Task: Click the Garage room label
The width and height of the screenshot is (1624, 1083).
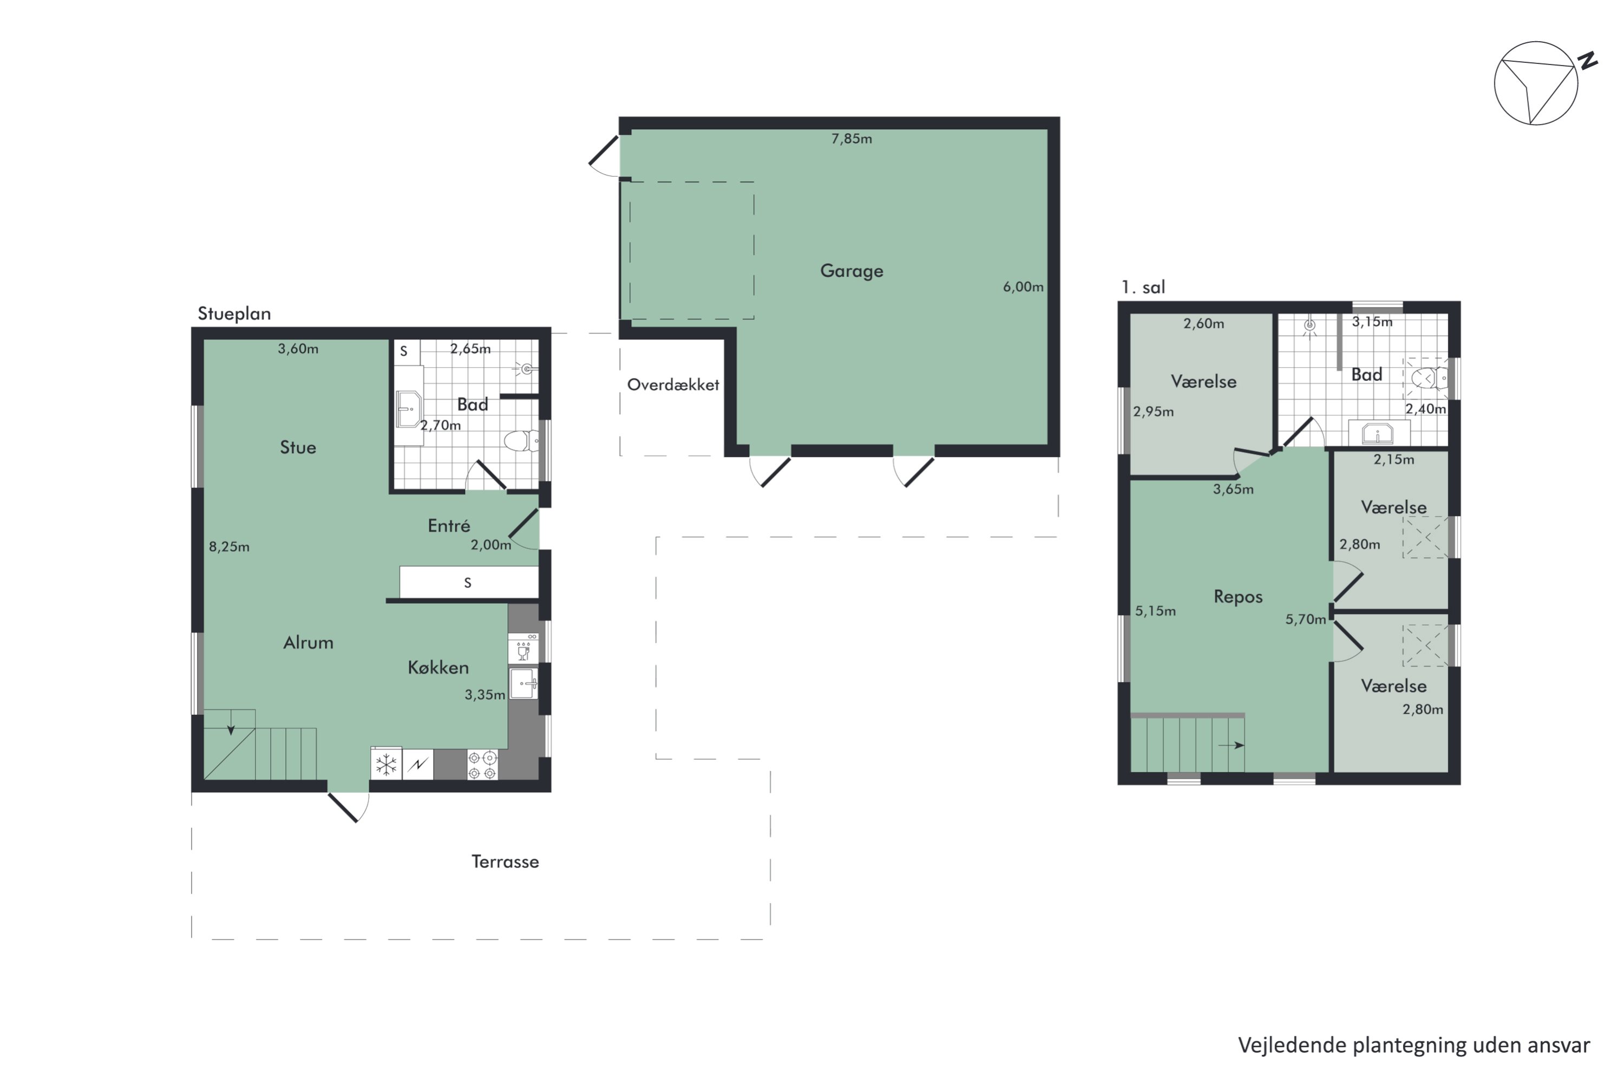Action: click(852, 271)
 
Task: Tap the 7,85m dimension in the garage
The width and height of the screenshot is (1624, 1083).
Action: click(852, 139)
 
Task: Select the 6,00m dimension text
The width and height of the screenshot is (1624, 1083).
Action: click(1023, 286)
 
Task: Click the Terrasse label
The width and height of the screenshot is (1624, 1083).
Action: click(505, 862)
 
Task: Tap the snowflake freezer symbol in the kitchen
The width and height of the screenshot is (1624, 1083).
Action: click(386, 765)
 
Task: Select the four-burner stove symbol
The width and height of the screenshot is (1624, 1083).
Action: click(482, 765)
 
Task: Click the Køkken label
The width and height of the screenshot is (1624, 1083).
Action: click(438, 667)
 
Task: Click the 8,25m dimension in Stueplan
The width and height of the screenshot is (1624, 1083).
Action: click(229, 546)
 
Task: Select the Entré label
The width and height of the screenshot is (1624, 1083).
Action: click(449, 526)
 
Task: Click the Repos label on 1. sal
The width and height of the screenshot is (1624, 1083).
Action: click(1238, 597)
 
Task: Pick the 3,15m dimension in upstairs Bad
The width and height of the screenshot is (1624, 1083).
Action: click(1372, 322)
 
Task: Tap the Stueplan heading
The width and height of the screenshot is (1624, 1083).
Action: click(234, 314)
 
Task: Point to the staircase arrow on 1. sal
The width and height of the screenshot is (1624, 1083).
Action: click(1230, 745)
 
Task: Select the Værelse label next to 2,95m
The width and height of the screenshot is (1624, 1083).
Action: click(1203, 381)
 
